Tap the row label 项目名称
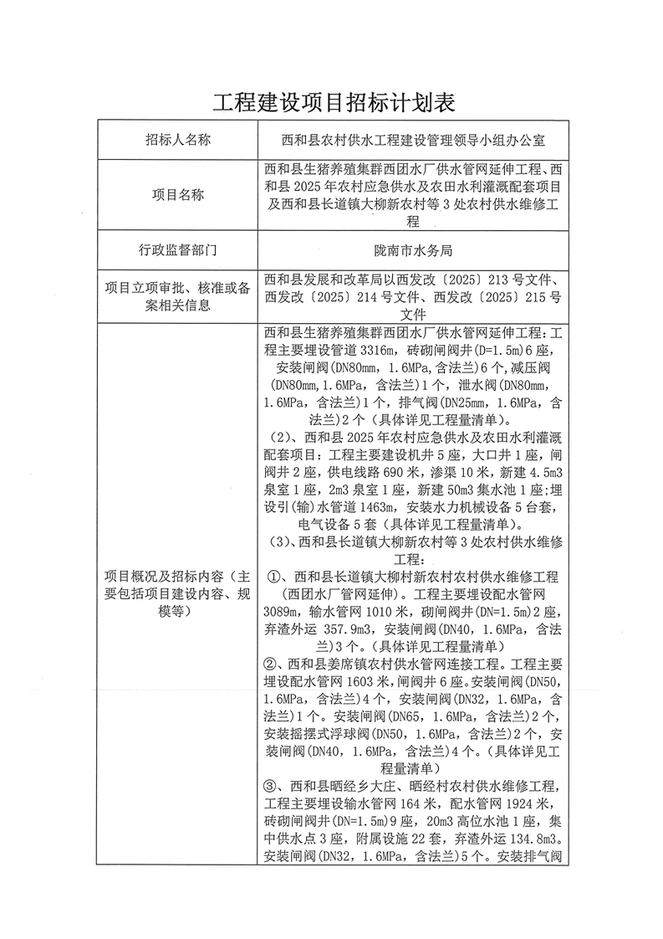pyautogui.click(x=177, y=194)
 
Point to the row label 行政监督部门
pyautogui.click(x=177, y=249)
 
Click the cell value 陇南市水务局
pyautogui.click(x=413, y=249)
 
